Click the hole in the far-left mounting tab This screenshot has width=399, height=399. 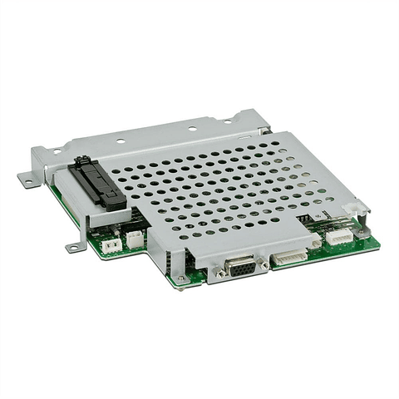pyautogui.click(x=26, y=178)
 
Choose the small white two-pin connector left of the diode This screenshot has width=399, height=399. pyautogui.click(x=108, y=245)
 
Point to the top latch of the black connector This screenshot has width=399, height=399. pyautogui.click(x=81, y=160)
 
